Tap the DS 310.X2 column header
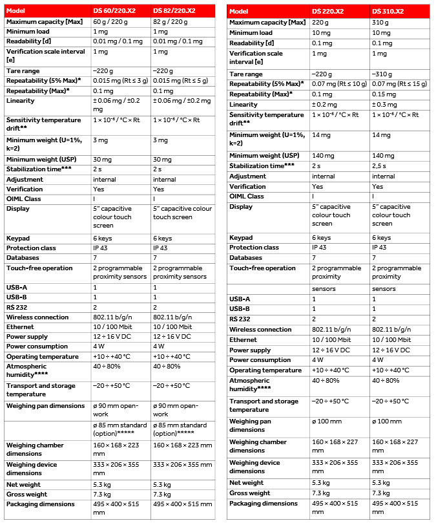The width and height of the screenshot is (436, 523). [x=389, y=11]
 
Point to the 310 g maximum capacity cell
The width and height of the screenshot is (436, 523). [x=381, y=23]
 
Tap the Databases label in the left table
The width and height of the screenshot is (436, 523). [x=23, y=258]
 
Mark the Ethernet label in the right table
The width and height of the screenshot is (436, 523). [x=244, y=339]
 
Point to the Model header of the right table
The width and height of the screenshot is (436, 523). [x=239, y=11]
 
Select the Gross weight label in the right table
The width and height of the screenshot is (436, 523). [x=250, y=493]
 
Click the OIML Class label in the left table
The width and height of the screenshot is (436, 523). [x=24, y=198]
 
